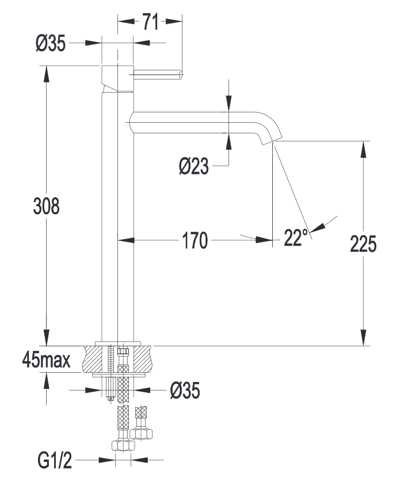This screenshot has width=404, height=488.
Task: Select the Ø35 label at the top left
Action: tap(51, 43)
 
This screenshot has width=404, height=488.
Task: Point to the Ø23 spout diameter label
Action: tap(193, 167)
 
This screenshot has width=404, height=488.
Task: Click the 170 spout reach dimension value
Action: tap(195, 240)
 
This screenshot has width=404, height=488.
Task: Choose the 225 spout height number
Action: tap(363, 244)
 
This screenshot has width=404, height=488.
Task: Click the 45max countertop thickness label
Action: tap(47, 361)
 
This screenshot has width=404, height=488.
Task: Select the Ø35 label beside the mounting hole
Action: tap(185, 391)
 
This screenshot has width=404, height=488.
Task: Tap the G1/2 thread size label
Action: tap(55, 461)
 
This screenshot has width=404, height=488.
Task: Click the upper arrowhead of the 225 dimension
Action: tap(363, 149)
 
